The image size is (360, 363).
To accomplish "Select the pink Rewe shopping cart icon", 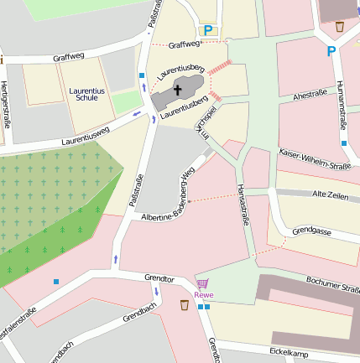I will [203, 283].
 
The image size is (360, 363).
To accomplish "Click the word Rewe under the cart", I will [203, 294].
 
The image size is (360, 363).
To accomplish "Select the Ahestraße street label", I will [310, 96].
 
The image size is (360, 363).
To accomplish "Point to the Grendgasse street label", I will [313, 230].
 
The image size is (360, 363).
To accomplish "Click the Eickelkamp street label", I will [290, 353].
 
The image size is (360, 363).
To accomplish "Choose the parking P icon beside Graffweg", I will [208, 31].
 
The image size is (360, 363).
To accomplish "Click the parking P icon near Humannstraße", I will [331, 50].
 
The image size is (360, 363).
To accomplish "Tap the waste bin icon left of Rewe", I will [184, 304].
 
